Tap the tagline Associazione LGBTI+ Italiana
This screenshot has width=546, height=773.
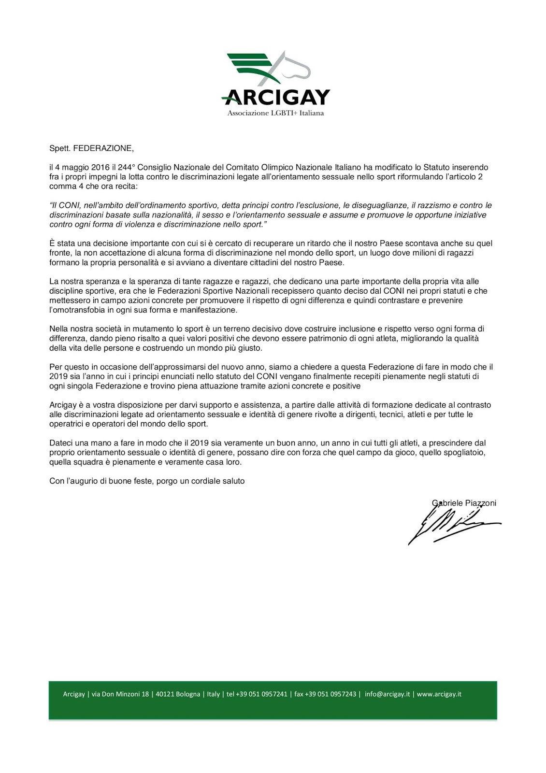point(275,114)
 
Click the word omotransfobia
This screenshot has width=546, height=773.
point(75,310)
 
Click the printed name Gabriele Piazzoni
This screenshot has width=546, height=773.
point(464,503)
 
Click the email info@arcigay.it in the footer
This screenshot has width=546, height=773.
point(387,694)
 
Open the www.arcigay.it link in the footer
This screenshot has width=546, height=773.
point(439,694)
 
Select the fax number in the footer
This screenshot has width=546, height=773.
point(325,694)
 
